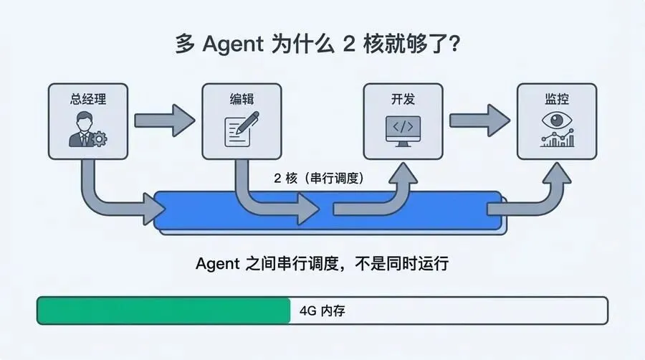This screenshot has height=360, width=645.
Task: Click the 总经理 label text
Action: [x=88, y=99]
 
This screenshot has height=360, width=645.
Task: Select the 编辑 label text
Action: [x=242, y=99]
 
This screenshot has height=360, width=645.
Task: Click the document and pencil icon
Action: [x=241, y=131]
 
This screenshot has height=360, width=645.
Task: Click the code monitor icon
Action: [x=403, y=130]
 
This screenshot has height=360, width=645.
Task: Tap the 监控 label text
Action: [x=557, y=99]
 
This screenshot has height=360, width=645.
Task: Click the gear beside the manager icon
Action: [x=99, y=137]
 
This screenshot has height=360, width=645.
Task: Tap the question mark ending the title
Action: [x=453, y=44]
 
